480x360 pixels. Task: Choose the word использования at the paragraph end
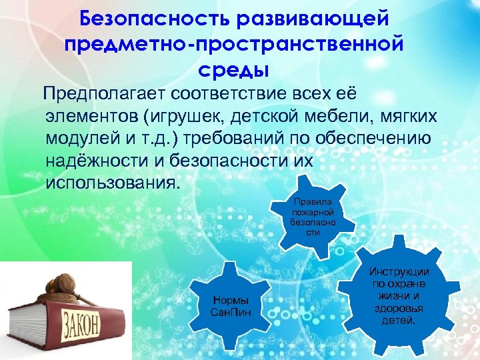112,183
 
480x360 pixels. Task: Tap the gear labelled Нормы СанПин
230,307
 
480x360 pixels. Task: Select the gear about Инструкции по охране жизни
399,296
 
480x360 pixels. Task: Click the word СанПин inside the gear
231,313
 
